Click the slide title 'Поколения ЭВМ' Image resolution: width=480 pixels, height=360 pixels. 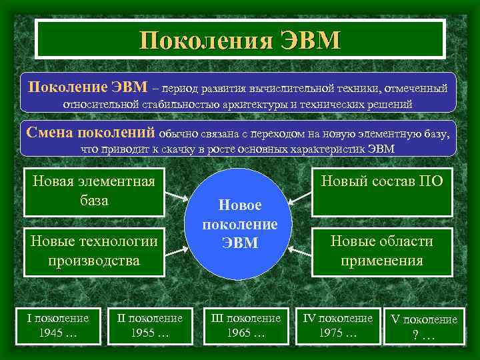coord(240,40)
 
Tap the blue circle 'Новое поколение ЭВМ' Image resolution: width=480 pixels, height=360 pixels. coord(239,224)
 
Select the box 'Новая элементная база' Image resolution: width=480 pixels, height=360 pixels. coord(94,191)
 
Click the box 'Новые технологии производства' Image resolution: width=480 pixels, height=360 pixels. coord(94,251)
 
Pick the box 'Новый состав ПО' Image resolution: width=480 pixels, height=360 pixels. coord(382,191)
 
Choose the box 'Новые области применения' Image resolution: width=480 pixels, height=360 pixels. coord(382,251)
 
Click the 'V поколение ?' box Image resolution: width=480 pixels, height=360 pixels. coord(424,327)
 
